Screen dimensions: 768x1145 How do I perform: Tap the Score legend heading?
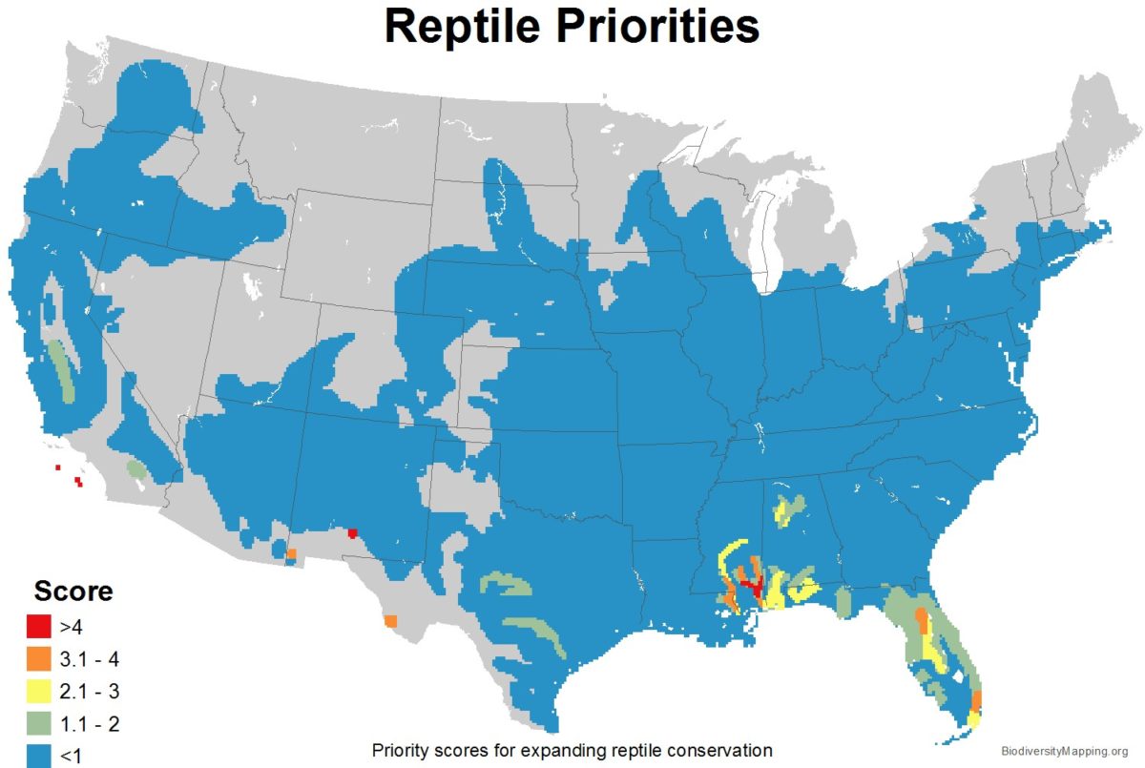point(73,591)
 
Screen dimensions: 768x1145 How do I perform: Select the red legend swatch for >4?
point(38,627)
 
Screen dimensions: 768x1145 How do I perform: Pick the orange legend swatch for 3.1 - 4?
point(38,658)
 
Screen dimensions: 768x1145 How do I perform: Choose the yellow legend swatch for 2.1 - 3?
point(38,691)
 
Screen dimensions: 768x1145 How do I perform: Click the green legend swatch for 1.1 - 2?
point(38,723)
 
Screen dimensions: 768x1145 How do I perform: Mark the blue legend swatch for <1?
point(38,755)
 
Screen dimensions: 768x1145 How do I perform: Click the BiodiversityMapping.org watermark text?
point(1067,751)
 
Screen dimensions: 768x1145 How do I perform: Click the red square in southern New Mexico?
point(352,533)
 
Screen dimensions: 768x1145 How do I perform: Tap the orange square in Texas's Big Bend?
point(391,621)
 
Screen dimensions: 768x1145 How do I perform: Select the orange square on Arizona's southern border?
point(291,553)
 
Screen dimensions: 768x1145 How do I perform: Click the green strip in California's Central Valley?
point(61,371)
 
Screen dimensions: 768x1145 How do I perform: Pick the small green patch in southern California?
point(137,469)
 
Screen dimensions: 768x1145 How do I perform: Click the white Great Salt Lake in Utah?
point(253,285)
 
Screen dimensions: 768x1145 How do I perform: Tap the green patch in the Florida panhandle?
point(843,602)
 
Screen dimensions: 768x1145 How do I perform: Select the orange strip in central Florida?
point(921,621)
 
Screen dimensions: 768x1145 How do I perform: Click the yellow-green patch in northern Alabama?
point(787,509)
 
